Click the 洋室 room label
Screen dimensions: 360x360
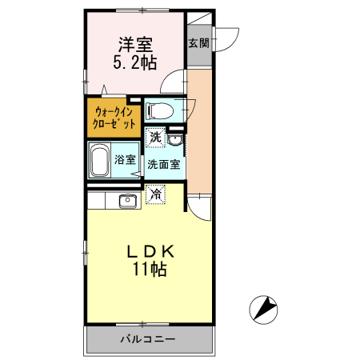(134, 44)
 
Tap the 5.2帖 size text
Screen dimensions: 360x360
(134, 62)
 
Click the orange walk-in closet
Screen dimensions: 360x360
(113, 117)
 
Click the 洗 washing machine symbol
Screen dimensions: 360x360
(156, 137)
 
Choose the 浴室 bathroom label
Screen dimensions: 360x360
(125, 159)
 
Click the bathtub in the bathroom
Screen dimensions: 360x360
(100, 162)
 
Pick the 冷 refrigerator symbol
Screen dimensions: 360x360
(156, 193)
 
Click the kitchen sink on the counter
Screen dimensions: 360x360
(127, 200)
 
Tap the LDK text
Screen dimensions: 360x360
(150, 250)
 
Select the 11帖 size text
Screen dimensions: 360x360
(150, 270)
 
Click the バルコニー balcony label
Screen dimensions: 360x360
(148, 339)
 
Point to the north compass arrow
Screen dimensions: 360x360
(265, 307)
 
